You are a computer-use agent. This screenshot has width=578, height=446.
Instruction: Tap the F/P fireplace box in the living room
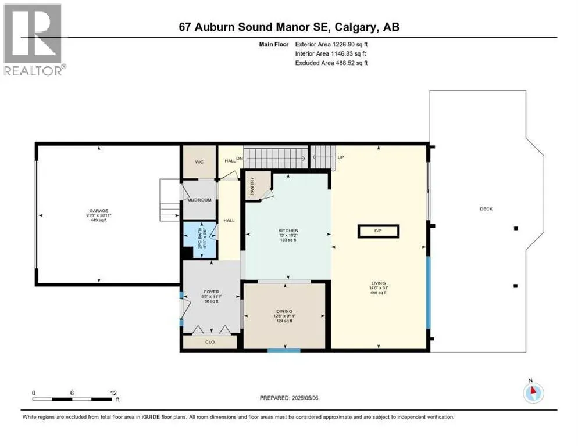pos(378,231)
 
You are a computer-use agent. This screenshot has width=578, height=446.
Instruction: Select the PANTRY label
pos(252,185)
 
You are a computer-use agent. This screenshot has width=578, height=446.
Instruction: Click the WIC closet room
pos(199,162)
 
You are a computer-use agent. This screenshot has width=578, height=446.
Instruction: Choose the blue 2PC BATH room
pos(199,239)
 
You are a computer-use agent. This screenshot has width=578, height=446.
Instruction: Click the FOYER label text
pos(210,292)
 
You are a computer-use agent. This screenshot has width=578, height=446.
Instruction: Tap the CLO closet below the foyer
pos(210,342)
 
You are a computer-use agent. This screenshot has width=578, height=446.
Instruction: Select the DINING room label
pos(284,311)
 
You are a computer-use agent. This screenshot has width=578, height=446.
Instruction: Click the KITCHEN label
pos(288,231)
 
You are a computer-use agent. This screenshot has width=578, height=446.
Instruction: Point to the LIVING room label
pos(379,284)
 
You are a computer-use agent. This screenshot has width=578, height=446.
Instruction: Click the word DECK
pos(486,209)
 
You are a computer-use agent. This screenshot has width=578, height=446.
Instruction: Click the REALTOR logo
pos(33,39)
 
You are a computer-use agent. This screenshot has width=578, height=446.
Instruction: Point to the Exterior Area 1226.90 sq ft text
pos(331,44)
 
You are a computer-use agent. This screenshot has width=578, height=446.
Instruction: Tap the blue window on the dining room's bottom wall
pos(284,350)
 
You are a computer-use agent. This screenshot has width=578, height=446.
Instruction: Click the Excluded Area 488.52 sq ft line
pos(331,63)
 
